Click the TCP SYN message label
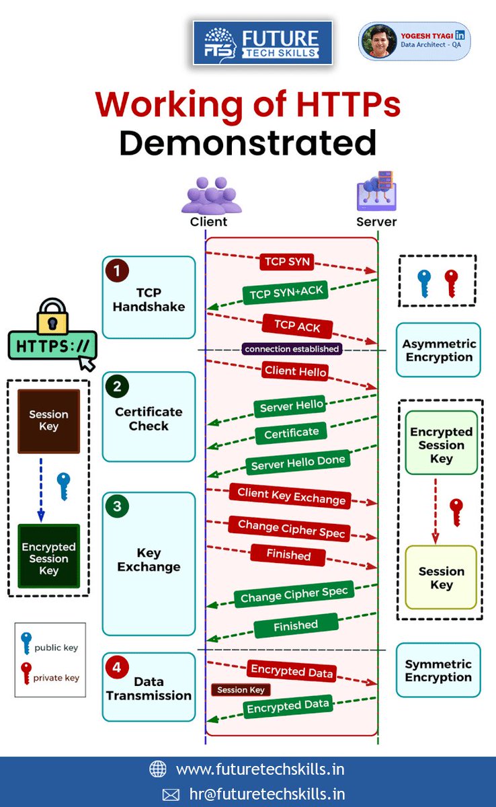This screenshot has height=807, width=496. click(x=287, y=262)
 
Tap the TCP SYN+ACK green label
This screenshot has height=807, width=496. click(x=286, y=292)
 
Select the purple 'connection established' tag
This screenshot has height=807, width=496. click(x=292, y=349)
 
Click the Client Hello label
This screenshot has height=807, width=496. click(x=295, y=371)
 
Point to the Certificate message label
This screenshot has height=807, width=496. click(x=291, y=433)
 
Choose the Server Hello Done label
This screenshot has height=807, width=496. click(x=298, y=462)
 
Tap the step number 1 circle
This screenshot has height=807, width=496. click(x=117, y=270)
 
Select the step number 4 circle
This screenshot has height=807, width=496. click(x=117, y=667)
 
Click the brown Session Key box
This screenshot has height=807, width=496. click(x=48, y=421)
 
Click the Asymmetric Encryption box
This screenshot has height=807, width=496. click(x=438, y=350)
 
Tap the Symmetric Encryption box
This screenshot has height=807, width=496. click(x=438, y=670)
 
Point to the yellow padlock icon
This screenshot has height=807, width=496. click(x=52, y=317)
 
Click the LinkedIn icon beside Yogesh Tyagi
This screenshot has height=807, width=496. click(x=460, y=35)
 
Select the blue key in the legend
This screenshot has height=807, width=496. click(x=26, y=643)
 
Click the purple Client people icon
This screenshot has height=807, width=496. click(x=211, y=195)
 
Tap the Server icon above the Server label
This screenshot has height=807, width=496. click(x=376, y=191)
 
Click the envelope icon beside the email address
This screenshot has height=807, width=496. click(x=171, y=794)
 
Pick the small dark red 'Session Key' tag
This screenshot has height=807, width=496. click(x=241, y=689)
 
